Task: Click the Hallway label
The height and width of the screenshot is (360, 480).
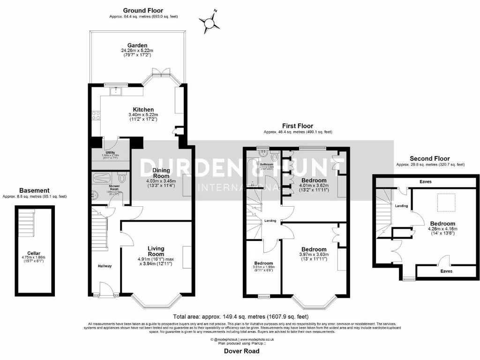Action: pos(105,266)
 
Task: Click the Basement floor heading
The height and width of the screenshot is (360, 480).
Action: pos(34,190)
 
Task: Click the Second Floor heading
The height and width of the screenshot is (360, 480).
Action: pos(430,158)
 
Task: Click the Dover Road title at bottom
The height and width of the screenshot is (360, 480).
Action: pos(241,351)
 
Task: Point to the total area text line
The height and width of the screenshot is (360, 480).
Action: pos(241,316)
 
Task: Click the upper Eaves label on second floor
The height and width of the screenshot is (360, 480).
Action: pos(426,181)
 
